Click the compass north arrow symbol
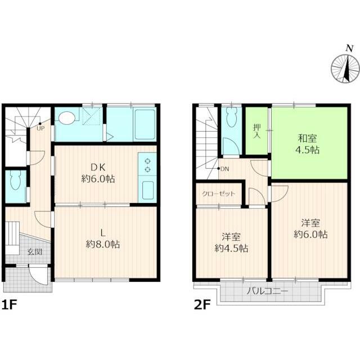click(x=346, y=66)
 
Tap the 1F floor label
click(x=10, y=305)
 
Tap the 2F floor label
click(x=202, y=305)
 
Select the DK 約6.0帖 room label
click(x=98, y=173)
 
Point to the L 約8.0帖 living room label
click(x=103, y=238)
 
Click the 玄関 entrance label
click(x=35, y=252)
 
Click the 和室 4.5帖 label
click(x=308, y=144)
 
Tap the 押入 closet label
click(x=257, y=131)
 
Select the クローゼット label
click(x=219, y=193)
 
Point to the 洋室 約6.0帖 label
click(x=310, y=229)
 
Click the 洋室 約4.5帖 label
click(x=231, y=242)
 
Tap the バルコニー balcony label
click(x=268, y=291)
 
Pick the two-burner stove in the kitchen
click(x=147, y=165)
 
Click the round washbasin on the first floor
click(x=67, y=118)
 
